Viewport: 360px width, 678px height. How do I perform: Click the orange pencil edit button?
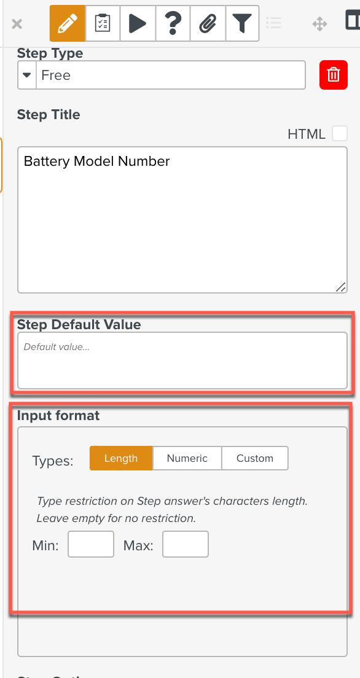coord(68,23)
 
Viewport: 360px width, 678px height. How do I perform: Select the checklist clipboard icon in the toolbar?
coord(103,23)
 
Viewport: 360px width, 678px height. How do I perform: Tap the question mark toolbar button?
coord(172,23)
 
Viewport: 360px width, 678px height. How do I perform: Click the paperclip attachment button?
coord(207,23)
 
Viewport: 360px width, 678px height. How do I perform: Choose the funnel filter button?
coord(242,23)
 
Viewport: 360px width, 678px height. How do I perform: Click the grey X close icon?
coord(17,24)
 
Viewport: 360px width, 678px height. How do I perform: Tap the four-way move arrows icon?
coord(319,24)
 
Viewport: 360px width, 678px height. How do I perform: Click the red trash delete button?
coord(334,75)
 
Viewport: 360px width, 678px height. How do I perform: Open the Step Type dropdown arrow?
coord(27,75)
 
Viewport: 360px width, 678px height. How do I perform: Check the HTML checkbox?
coord(340,134)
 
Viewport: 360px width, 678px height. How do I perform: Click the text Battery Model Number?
coord(96,162)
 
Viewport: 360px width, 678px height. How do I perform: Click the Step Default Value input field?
coord(182,360)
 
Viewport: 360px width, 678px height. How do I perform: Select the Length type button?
coord(121,458)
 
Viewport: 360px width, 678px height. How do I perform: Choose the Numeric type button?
coord(187,458)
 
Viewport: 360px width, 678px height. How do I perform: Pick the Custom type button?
coord(255,458)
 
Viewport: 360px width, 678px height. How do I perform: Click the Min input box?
coord(91,544)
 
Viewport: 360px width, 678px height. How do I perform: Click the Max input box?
coord(186,544)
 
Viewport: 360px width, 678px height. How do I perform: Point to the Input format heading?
coord(58,416)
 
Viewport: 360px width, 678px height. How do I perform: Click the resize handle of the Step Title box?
coord(341,287)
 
